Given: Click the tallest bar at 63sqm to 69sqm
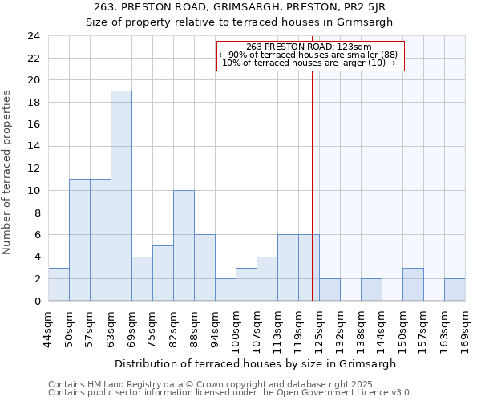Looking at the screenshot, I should [x=121, y=196].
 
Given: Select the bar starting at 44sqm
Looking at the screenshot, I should [x=59, y=284].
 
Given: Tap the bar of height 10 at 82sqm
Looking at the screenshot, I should [x=184, y=245].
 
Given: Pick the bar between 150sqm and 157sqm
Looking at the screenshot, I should [x=413, y=284].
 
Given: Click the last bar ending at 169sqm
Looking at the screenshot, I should [x=455, y=290].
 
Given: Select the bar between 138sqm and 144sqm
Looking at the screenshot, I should [x=371, y=290].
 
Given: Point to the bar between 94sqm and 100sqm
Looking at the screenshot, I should [x=225, y=290].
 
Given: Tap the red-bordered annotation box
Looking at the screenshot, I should [x=310, y=55].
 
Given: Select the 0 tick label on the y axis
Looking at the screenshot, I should [x=37, y=301].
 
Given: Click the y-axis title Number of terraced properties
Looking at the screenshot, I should [x=8, y=172].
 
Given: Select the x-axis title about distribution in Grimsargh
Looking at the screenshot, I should [x=255, y=363].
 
